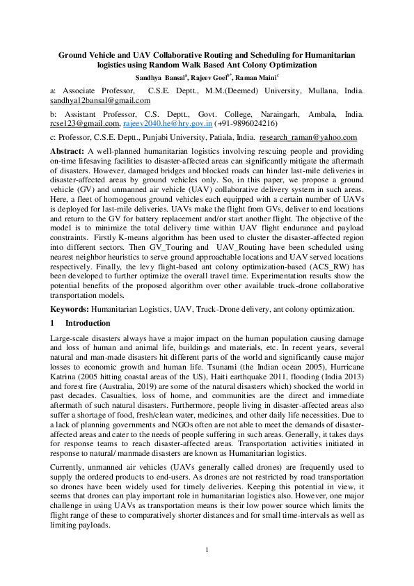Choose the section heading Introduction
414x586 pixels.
[x=87, y=323]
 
